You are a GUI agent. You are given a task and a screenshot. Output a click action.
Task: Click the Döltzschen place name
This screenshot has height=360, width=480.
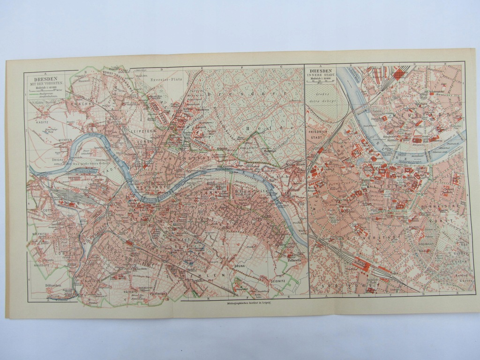(x=55, y=285)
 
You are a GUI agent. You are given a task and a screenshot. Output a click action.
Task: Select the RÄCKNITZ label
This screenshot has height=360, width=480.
(x=131, y=291)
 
